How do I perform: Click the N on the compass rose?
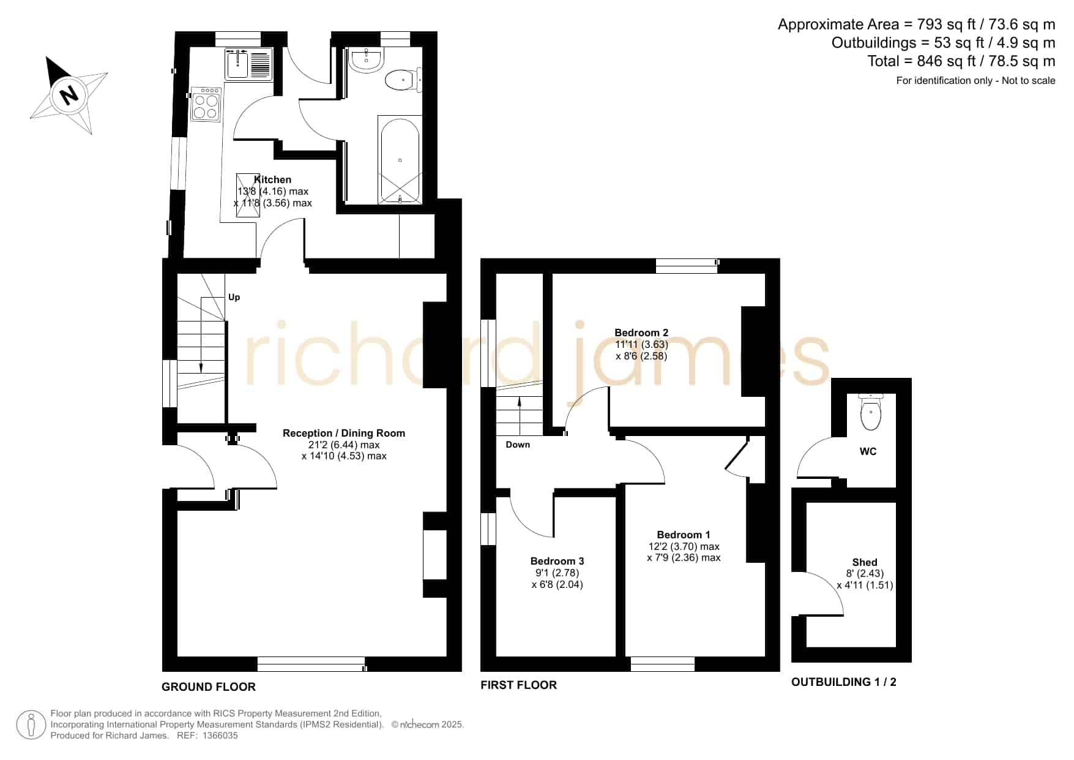click(69, 95)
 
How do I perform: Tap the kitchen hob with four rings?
click(206, 105)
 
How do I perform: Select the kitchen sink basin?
click(237, 64)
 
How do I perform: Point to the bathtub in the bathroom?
click(400, 159)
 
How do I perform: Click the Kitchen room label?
click(272, 179)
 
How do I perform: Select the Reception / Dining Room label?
click(344, 433)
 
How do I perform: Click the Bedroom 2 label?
click(641, 333)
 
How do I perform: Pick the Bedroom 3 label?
click(557, 561)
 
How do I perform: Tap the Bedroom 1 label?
click(684, 535)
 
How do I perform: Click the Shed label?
click(865, 562)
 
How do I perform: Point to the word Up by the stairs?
click(234, 297)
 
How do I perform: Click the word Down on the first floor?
click(518, 445)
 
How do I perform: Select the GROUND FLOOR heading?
click(209, 687)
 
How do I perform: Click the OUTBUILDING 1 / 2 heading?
click(844, 682)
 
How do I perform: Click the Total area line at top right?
click(961, 61)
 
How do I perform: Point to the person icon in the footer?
click(31, 725)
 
